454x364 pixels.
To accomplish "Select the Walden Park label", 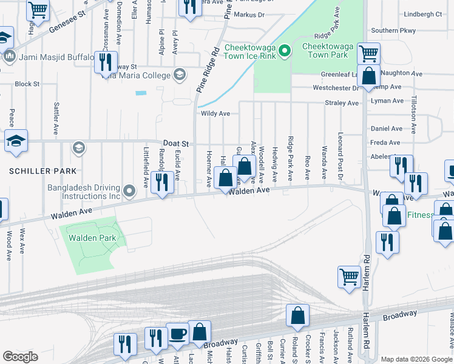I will (91, 238).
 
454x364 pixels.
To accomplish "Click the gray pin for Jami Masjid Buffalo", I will (9, 57).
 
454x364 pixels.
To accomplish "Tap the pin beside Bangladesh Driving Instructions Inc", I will (129, 192).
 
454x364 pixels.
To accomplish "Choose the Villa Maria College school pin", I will (179, 75).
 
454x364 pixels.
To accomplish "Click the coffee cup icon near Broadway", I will (177, 334).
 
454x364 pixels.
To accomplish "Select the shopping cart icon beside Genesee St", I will (38, 10).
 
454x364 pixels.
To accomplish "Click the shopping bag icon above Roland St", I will (297, 315).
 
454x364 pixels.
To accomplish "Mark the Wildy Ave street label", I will (215, 113).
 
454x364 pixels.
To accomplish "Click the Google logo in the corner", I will (20, 357).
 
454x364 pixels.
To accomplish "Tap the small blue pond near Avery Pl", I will (141, 93).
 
